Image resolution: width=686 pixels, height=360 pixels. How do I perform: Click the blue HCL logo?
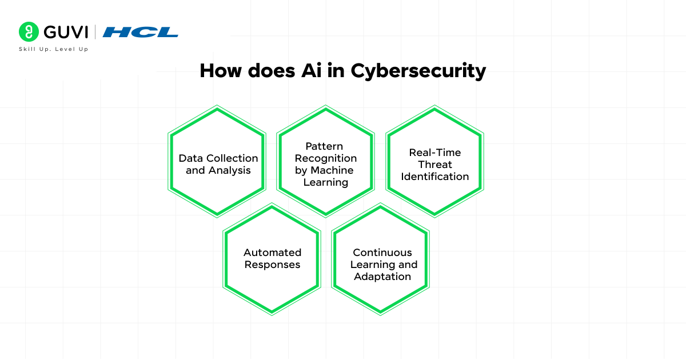click(x=141, y=32)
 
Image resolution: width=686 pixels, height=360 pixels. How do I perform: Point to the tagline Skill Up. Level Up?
click(x=54, y=49)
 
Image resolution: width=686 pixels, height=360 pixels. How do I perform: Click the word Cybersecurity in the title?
click(x=418, y=71)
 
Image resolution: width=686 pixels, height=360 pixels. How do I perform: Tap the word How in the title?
click(x=221, y=70)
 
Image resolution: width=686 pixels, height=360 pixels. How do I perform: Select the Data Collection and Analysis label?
click(x=218, y=164)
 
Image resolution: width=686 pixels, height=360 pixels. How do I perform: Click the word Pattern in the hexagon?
click(x=324, y=146)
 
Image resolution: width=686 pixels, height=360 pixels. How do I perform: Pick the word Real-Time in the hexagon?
click(x=434, y=153)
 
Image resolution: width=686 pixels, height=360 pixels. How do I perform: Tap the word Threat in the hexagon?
click(x=434, y=165)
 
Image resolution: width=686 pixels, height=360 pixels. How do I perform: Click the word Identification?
click(x=434, y=177)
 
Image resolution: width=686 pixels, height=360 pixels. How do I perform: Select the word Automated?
click(x=272, y=252)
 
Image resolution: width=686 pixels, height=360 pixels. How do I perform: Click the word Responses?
click(x=272, y=265)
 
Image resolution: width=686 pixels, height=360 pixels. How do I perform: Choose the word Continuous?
click(x=382, y=252)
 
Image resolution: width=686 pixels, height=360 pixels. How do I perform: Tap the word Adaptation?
click(x=382, y=277)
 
